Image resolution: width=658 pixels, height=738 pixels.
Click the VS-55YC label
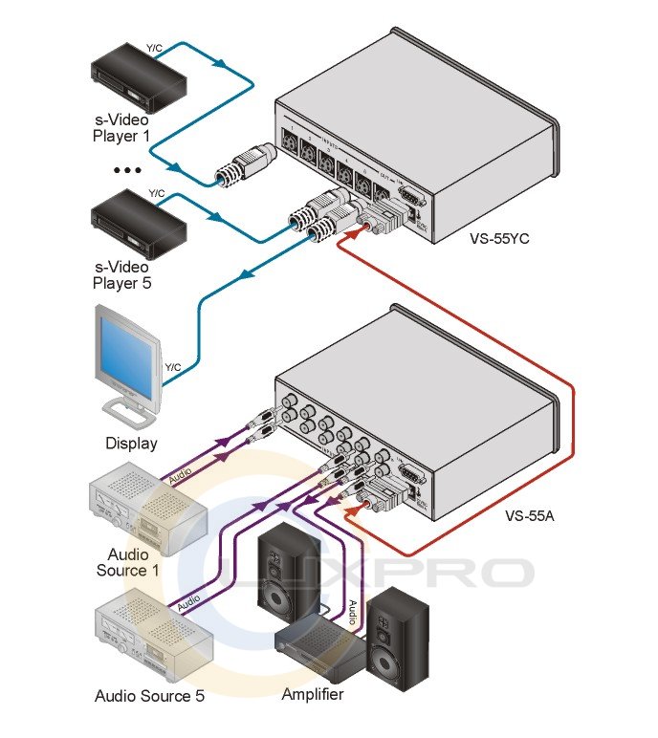(499, 239)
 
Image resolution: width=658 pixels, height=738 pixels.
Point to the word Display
(131, 444)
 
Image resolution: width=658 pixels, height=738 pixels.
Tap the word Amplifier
(313, 694)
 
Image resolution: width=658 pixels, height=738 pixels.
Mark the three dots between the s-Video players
(125, 170)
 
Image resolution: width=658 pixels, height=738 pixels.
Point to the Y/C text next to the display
(173, 367)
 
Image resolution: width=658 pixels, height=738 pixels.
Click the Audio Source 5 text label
(149, 696)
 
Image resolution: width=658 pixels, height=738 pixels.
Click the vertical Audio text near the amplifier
(352, 613)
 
